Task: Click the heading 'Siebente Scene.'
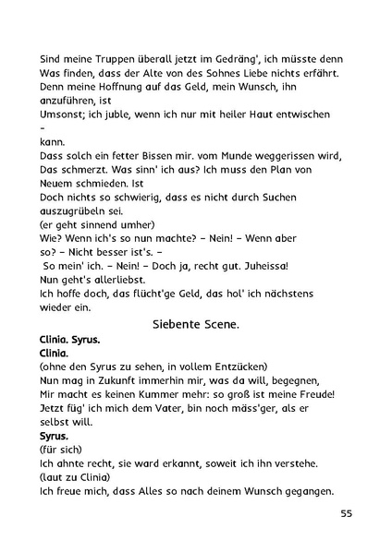pyautogui.click(x=195, y=324)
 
